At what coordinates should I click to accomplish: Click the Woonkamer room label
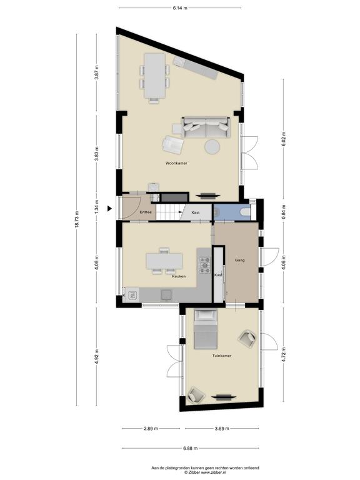(176, 163)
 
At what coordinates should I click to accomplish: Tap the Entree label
(146, 212)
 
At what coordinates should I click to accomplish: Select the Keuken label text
(179, 276)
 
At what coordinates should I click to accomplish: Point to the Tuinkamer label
(222, 356)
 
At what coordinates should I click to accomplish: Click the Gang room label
(240, 260)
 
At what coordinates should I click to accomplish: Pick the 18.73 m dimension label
(76, 219)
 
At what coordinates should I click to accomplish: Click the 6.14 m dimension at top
(180, 8)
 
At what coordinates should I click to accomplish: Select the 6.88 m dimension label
(191, 448)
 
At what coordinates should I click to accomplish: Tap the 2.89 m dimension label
(151, 429)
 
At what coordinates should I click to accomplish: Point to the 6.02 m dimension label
(284, 139)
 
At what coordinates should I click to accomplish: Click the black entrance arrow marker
(109, 209)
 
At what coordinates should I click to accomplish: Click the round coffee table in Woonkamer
(212, 147)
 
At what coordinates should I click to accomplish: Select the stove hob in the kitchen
(205, 265)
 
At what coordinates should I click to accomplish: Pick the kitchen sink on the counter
(132, 295)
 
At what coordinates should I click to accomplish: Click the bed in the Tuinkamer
(206, 329)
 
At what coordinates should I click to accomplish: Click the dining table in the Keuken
(164, 261)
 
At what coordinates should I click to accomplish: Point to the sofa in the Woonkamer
(206, 127)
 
